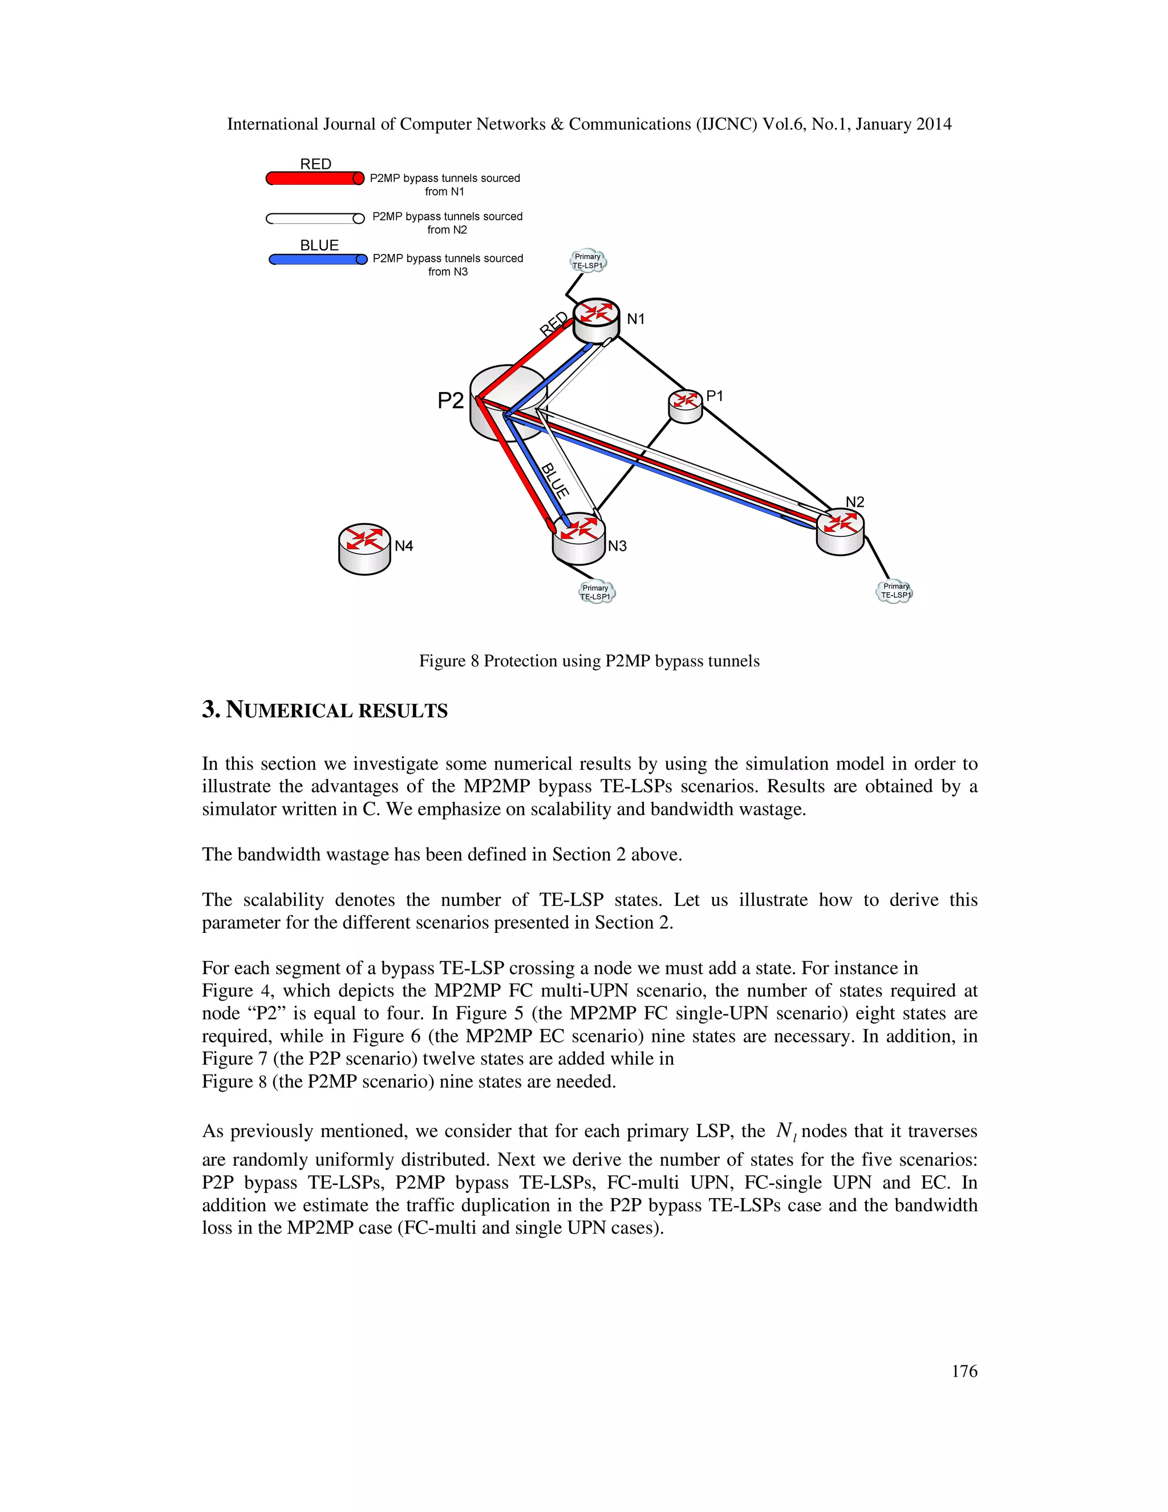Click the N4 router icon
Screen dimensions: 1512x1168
[x=364, y=548]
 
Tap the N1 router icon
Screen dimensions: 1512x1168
[x=596, y=320]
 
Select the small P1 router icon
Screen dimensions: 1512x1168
[x=685, y=406]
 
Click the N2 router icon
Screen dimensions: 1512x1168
[x=840, y=531]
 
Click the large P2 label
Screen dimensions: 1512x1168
[x=451, y=400]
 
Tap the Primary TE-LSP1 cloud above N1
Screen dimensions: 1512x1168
[x=587, y=261]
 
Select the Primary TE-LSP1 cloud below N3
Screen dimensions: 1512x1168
[x=596, y=592]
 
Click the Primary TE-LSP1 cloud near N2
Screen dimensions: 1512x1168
[x=895, y=591]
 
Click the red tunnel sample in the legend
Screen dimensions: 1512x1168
[x=315, y=179]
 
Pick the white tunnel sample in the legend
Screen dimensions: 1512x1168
[x=315, y=219]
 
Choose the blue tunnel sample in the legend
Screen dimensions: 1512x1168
[x=318, y=260]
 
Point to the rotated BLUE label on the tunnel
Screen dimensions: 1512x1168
[x=555, y=480]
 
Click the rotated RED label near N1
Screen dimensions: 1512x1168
[x=554, y=324]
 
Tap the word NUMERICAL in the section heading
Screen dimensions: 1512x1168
[x=289, y=710]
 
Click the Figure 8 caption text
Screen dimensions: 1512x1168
[x=589, y=661]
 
